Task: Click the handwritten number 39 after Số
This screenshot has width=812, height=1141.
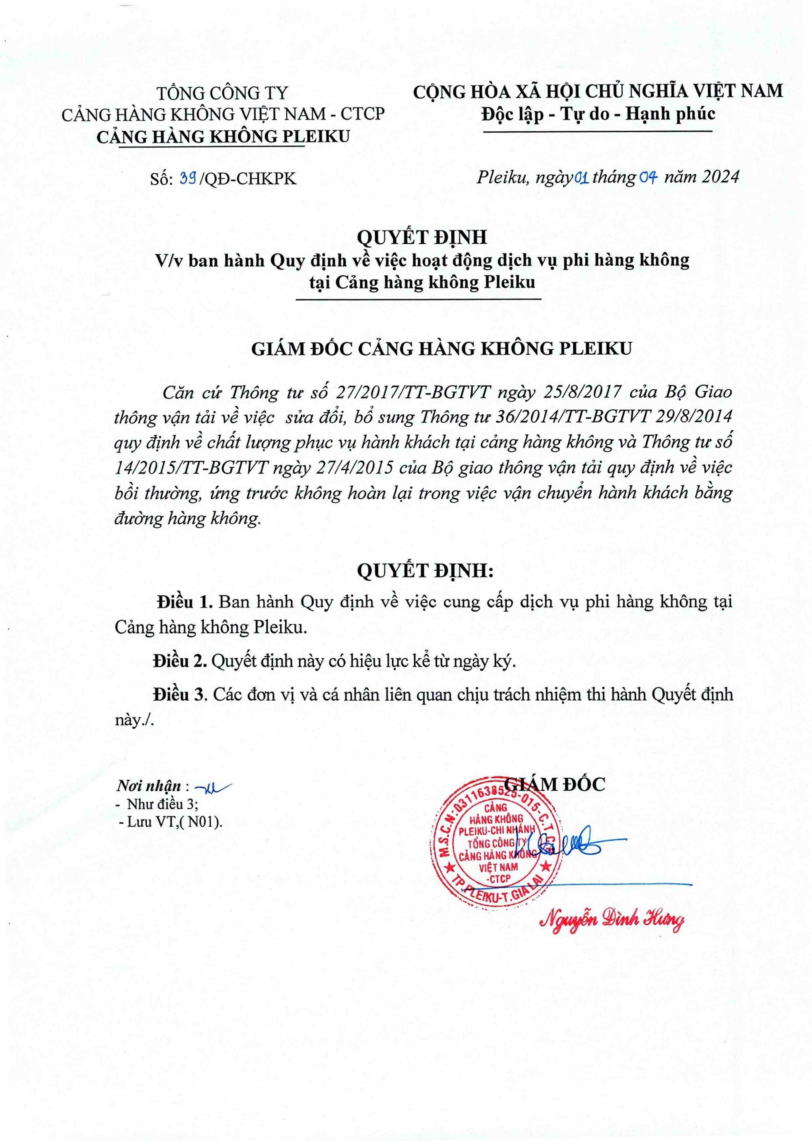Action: pos(188,179)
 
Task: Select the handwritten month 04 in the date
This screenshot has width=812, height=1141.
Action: pos(648,178)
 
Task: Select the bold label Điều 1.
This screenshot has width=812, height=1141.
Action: pos(185,602)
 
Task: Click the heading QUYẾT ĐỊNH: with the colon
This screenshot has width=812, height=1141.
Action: pos(425,571)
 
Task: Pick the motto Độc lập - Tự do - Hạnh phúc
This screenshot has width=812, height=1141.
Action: pos(598,114)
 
